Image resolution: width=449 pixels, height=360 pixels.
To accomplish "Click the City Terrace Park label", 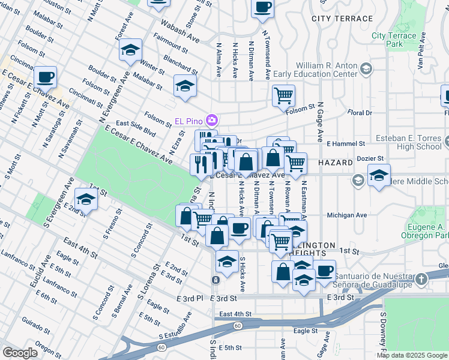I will [x=394, y=40].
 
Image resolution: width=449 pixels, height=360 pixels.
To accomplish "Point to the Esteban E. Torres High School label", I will [x=408, y=142].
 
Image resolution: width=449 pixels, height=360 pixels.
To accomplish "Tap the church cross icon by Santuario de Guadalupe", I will [x=421, y=278].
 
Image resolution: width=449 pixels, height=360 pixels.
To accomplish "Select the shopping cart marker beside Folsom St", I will [x=283, y=95].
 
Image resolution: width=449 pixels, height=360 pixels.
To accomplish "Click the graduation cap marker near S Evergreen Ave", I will [x=86, y=200].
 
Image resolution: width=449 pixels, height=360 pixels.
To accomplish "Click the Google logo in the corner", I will [x=20, y=352].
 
